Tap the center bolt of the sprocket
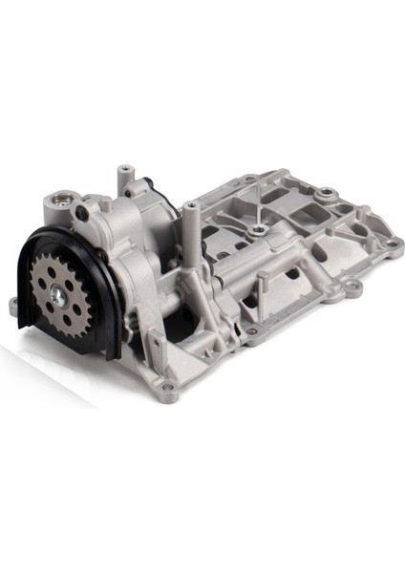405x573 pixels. (x=58, y=298)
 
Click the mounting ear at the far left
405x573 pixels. (x=13, y=307)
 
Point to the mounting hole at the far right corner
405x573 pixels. (x=392, y=243)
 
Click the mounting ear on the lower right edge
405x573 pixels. (x=352, y=285)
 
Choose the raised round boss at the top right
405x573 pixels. (x=328, y=195)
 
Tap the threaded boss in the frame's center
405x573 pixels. (x=258, y=230)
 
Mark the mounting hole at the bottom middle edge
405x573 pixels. (x=251, y=332)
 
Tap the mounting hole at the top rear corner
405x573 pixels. (x=249, y=180)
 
